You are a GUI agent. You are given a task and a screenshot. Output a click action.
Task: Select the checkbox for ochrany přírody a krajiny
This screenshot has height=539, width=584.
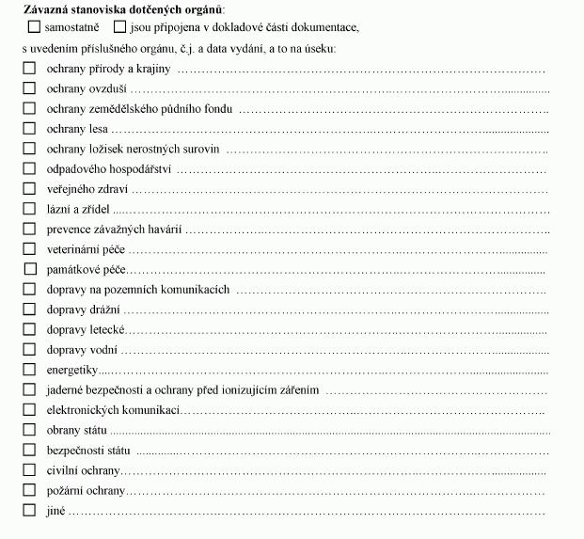(x=29, y=69)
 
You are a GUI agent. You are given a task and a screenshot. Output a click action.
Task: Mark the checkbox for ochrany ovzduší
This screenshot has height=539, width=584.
(x=29, y=88)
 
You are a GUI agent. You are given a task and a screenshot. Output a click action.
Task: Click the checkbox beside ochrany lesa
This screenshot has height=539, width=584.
(x=29, y=128)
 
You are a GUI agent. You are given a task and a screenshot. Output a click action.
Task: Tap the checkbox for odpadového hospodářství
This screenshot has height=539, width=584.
(x=29, y=169)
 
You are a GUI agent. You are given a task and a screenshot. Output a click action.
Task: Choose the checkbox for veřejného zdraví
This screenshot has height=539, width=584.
(x=29, y=189)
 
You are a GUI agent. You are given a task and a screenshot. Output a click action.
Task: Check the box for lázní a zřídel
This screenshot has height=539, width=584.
(x=29, y=209)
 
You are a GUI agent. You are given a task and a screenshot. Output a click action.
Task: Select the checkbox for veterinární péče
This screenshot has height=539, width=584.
(x=29, y=249)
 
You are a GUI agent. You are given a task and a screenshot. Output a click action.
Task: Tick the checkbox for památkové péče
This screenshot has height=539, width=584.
(x=29, y=270)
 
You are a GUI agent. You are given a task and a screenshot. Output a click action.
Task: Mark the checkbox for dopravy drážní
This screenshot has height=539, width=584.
(x=29, y=309)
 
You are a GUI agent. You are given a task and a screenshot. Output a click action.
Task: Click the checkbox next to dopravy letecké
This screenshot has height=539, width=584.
(x=29, y=329)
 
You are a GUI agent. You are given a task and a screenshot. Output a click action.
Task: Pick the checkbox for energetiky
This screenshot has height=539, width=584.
(x=29, y=369)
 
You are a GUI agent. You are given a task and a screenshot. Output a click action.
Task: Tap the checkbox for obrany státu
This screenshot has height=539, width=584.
(x=29, y=429)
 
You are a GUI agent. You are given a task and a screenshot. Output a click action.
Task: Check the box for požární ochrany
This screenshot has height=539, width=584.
(x=29, y=490)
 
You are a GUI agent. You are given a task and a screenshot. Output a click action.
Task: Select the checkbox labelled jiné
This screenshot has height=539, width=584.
(x=29, y=511)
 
